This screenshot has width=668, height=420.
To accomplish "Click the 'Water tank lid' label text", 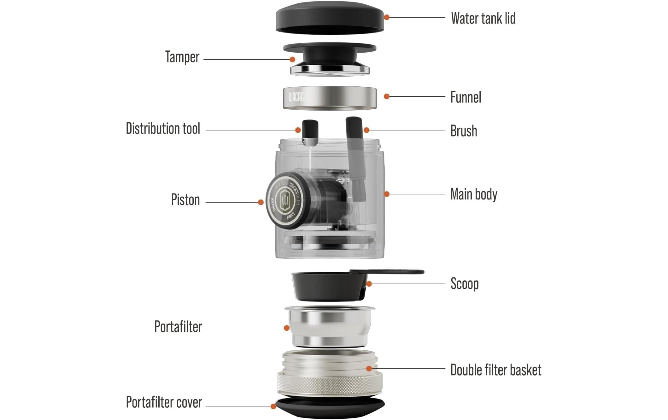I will click(x=483, y=18).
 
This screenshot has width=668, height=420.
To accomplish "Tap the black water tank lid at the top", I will click(x=330, y=17).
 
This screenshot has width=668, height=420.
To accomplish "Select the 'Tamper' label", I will click(x=182, y=57).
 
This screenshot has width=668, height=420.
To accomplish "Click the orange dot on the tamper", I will click(x=292, y=60).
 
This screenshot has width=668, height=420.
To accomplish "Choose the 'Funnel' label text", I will click(x=466, y=97).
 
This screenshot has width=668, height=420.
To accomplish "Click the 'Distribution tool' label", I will click(x=163, y=129).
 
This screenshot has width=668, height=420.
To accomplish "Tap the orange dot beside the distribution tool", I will click(x=298, y=130).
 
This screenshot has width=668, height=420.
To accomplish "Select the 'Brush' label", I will click(x=463, y=131).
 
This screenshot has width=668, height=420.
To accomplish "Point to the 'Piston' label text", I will click(x=185, y=200).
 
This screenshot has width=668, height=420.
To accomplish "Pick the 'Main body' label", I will click(x=473, y=194).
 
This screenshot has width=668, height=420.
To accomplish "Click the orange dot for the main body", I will click(x=387, y=194).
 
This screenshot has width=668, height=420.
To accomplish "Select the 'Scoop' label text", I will click(x=464, y=284).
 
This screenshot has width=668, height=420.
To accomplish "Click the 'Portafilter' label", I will click(x=178, y=326).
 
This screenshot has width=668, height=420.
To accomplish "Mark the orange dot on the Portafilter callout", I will click(x=287, y=328).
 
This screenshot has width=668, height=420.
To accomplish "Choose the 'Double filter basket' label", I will click(x=495, y=370).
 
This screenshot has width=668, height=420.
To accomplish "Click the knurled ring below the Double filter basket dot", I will click(x=330, y=385).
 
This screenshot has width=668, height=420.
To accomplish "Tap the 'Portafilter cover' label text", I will click(x=164, y=402).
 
